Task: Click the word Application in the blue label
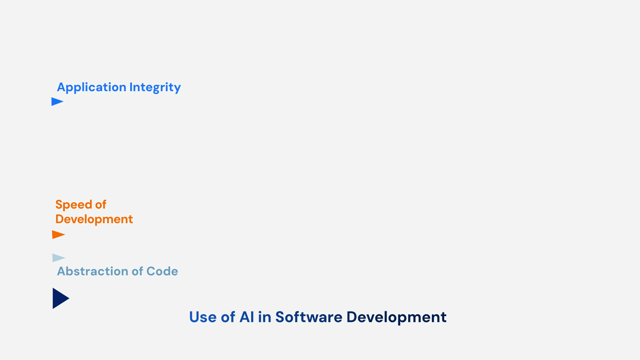91,87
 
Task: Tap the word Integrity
155,87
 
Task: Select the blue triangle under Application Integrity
57,102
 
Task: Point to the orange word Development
94,219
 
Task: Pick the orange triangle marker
58,234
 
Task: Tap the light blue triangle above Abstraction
58,258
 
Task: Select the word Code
162,271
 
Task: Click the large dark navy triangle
60,298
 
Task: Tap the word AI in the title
247,317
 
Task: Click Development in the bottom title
396,317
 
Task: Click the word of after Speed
100,205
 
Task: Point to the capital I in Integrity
131,87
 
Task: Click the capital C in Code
150,271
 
